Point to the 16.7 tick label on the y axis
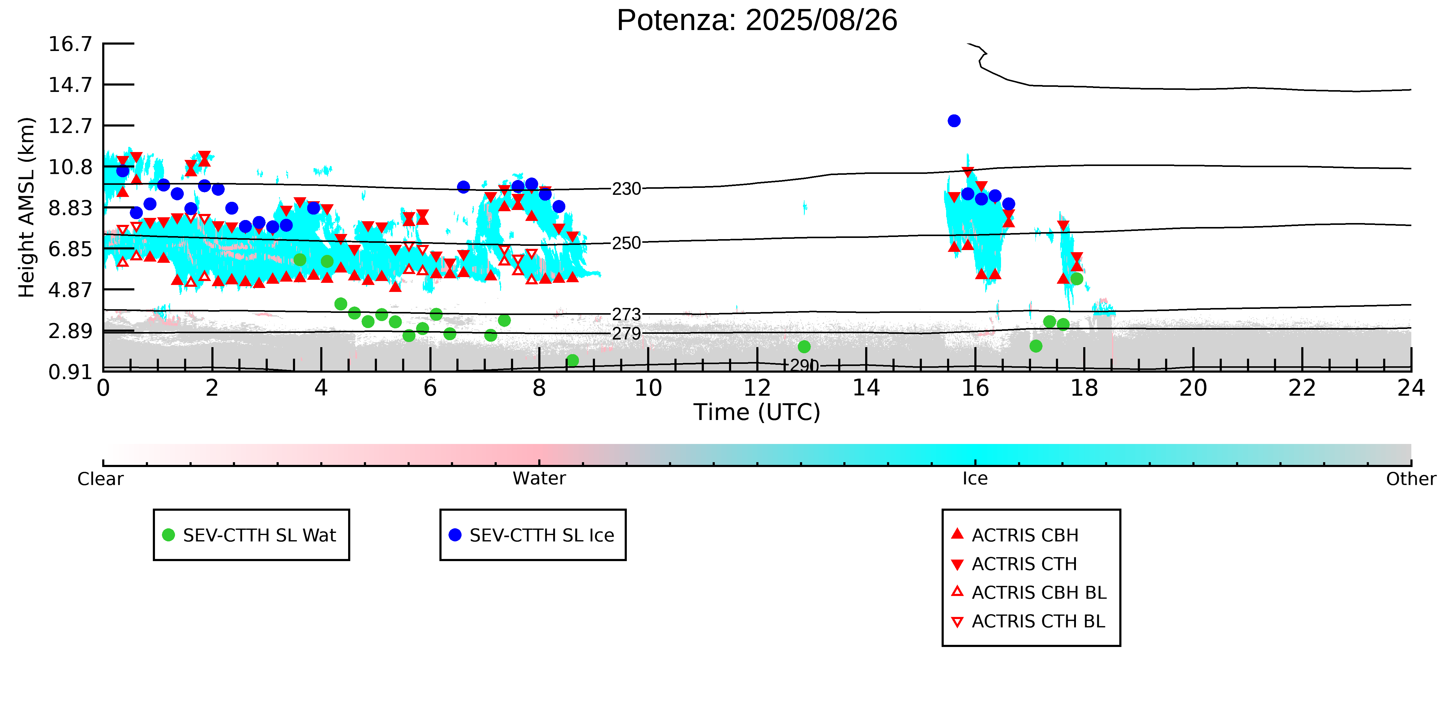(70, 43)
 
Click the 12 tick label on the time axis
(757, 388)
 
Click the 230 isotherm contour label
(627, 189)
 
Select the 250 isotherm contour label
(627, 243)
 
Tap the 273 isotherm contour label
(627, 314)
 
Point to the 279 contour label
(627, 334)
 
